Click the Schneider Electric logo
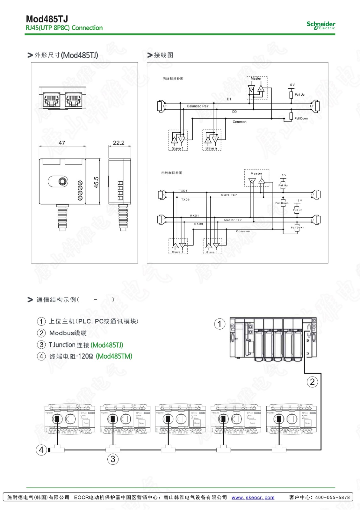pos(321,25)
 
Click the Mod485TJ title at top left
pos(47,19)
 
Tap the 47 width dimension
pos(62,143)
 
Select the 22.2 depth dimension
pos(119,143)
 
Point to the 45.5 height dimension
pos(96,182)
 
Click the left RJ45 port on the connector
pos(51,99)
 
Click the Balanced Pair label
pos(198,106)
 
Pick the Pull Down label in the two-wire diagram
pos(301,118)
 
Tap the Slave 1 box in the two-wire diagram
pos(178,140)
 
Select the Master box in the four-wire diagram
pos(256,178)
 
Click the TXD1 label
pos(183,191)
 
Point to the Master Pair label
pos(233,220)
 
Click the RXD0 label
pos(198,224)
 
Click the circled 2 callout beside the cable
pos(312,382)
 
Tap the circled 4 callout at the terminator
pos(41,450)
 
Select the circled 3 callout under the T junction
pos(113,459)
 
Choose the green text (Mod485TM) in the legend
pos(114,356)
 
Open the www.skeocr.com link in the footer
pos(253,497)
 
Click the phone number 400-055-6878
pos(332,497)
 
